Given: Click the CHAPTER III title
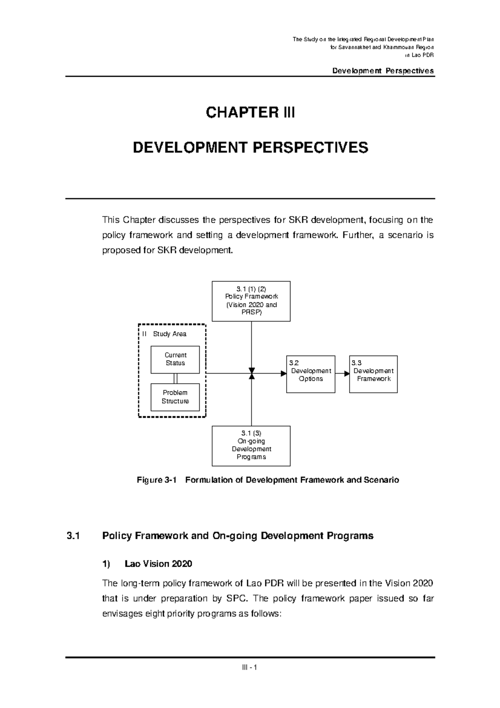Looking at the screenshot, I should pos(250,113).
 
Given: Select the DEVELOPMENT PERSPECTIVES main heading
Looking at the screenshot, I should pos(250,148).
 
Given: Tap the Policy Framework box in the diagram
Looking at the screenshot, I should pos(251,301).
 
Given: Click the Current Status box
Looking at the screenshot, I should pos(175,359).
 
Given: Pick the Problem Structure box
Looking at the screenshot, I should pos(175,397).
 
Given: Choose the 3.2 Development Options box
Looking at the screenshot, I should pos(310,374).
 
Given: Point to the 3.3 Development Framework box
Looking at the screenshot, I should pos(373,374).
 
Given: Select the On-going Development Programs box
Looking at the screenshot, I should pos(251,445).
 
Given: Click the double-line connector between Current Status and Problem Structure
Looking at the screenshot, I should pos(175,378).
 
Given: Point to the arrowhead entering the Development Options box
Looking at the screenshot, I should pos(284,374).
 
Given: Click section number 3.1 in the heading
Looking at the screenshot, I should pos(73,536).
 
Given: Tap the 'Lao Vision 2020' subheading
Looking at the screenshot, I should pos(158,564).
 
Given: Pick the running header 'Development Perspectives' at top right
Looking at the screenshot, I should pos(383,70).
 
